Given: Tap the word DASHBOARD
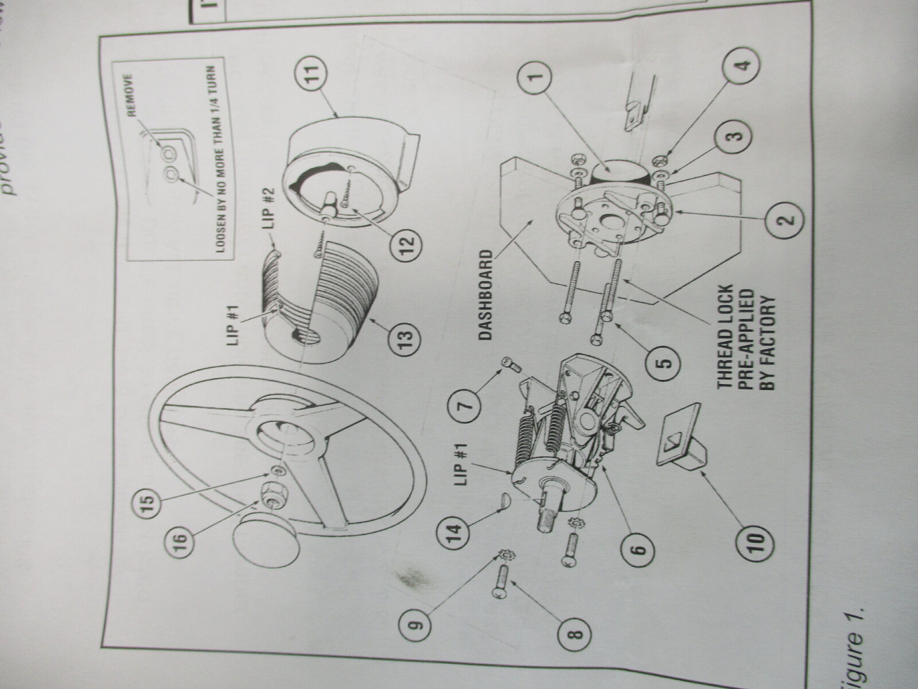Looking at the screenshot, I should pyautogui.click(x=486, y=295).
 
